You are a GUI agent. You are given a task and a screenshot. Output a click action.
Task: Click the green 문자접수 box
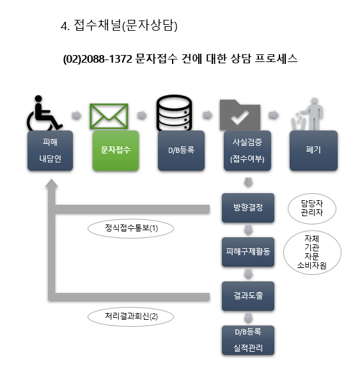coord(116,150)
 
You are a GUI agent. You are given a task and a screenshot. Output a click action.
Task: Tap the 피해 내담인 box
coord(50,150)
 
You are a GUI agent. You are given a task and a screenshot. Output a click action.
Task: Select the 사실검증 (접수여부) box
coord(247,150)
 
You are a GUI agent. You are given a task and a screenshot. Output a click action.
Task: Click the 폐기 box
coord(313,150)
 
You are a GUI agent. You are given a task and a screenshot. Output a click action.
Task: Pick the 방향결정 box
coord(248,208)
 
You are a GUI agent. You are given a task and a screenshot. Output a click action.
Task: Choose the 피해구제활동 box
coord(248,252)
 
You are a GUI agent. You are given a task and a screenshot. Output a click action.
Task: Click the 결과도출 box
coord(248,296)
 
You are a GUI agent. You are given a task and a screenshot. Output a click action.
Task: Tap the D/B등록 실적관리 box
coord(248,340)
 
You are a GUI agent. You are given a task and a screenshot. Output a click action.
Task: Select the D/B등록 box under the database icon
coord(181,150)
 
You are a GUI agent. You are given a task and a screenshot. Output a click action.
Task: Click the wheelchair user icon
coord(44,113)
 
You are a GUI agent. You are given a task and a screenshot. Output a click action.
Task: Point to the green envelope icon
coord(109,116)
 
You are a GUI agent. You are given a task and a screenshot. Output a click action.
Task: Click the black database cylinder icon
coord(174,113)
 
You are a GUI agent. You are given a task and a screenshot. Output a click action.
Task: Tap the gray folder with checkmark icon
coord(240,114)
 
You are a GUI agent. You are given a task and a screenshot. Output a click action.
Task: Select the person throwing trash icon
coord(308,114)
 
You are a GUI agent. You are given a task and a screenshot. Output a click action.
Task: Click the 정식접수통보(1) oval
coord(130,228)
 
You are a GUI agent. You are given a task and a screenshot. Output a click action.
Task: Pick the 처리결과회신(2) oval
coord(130,317)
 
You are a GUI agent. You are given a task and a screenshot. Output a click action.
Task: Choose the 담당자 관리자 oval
coord(312,208)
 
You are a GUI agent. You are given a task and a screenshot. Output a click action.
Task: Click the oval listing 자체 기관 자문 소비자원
coord(312,252)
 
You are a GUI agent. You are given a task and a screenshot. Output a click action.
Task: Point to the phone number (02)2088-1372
coord(98,59)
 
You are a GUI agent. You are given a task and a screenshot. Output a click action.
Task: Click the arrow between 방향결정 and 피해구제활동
coord(248,230)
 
